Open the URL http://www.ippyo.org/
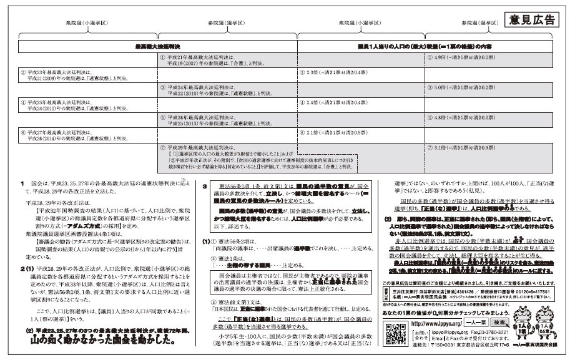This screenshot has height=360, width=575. coord(437,324)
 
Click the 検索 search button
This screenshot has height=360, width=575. coord(501,323)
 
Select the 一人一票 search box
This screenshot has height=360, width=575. coord(478,323)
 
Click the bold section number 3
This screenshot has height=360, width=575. coord(205,186)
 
